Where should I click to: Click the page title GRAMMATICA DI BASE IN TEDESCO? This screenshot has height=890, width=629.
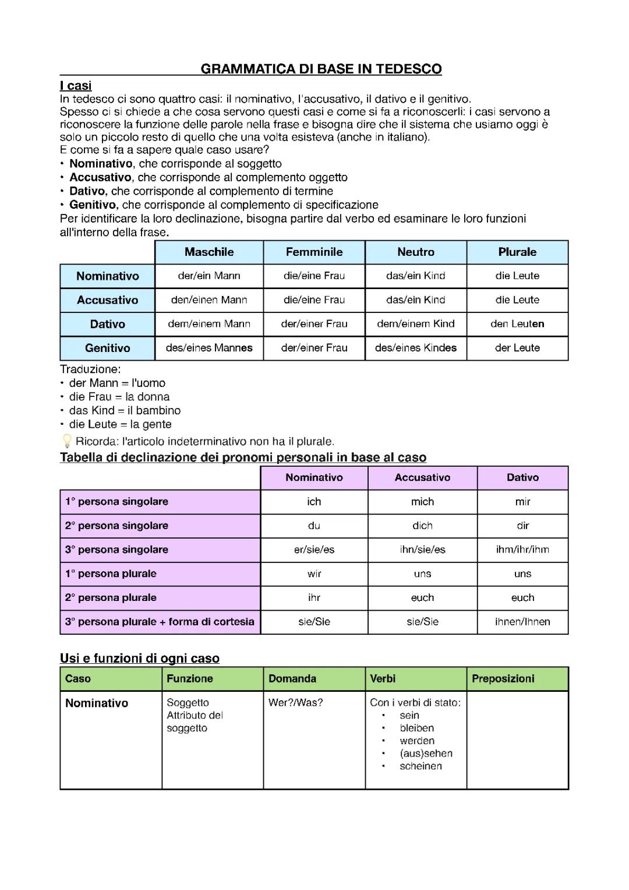[321, 69]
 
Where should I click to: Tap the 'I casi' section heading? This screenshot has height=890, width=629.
[76, 86]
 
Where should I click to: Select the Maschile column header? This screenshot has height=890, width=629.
[209, 252]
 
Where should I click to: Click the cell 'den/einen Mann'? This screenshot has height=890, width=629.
[209, 300]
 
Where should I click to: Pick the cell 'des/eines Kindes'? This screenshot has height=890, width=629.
[416, 348]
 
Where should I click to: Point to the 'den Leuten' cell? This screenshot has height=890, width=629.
[517, 323]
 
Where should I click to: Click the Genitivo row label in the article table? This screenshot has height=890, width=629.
[107, 348]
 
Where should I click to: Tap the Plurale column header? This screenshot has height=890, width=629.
[517, 252]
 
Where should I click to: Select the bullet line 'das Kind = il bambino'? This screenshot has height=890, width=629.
[125, 410]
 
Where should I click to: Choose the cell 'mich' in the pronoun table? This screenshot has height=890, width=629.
[422, 501]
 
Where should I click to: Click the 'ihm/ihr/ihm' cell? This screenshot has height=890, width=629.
[522, 549]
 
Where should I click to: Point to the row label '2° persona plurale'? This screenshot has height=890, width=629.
[111, 597]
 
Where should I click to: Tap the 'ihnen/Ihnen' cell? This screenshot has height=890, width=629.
[522, 621]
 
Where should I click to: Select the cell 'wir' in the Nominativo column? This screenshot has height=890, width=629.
[314, 574]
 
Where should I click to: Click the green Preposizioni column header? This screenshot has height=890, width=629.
[503, 678]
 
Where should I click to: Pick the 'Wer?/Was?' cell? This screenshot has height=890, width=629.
[295, 702]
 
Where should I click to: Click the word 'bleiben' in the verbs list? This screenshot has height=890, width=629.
[416, 728]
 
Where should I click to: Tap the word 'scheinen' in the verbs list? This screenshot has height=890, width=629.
[420, 766]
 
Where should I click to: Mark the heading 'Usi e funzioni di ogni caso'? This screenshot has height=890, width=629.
[140, 658]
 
